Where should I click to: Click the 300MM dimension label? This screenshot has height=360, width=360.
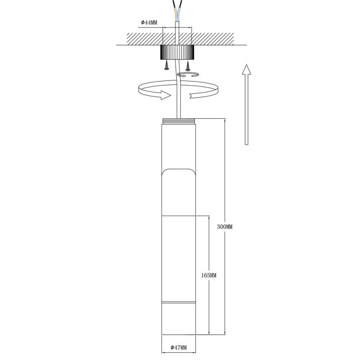(x=225, y=227)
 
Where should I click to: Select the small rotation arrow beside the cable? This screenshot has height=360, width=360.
(x=187, y=75)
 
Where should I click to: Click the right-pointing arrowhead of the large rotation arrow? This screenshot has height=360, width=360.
(x=166, y=94)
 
